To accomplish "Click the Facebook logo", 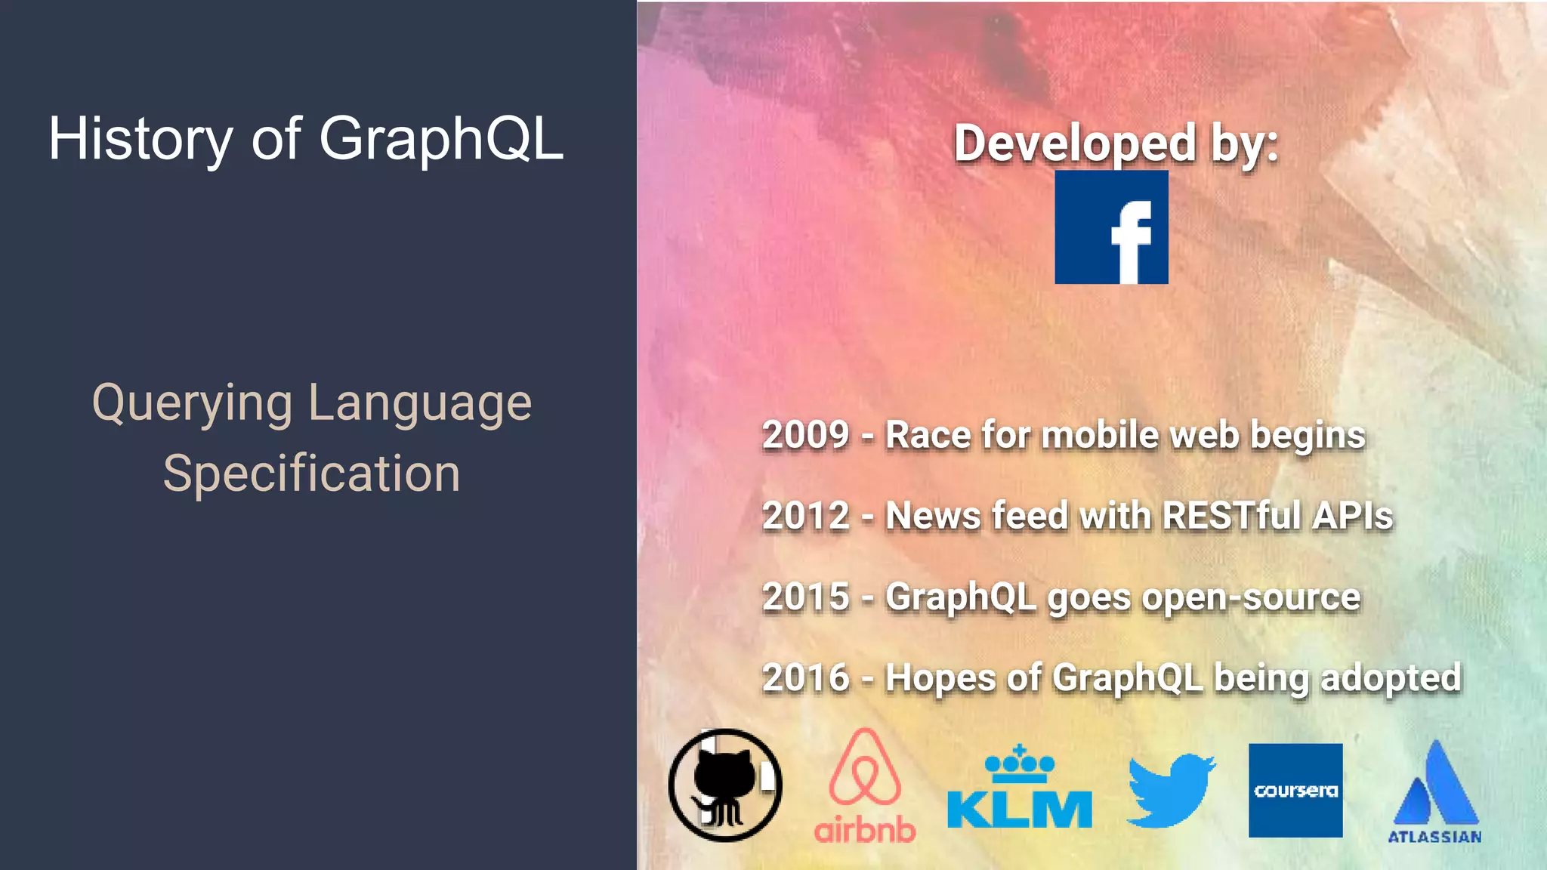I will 1111,227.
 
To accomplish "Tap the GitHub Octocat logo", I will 725,785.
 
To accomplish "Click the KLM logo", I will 1020,789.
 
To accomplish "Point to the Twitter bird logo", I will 1171,789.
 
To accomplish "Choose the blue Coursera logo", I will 1295,790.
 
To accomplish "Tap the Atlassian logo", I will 1435,791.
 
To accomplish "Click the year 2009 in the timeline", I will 806,436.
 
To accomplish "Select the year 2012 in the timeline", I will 806,517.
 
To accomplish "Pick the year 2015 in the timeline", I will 806,597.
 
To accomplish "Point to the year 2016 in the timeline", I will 806,678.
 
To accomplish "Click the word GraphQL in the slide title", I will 441,140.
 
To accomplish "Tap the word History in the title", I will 140,140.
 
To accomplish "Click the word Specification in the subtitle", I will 311,474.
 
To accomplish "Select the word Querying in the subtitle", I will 192,404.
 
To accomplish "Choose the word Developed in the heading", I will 1075,143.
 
